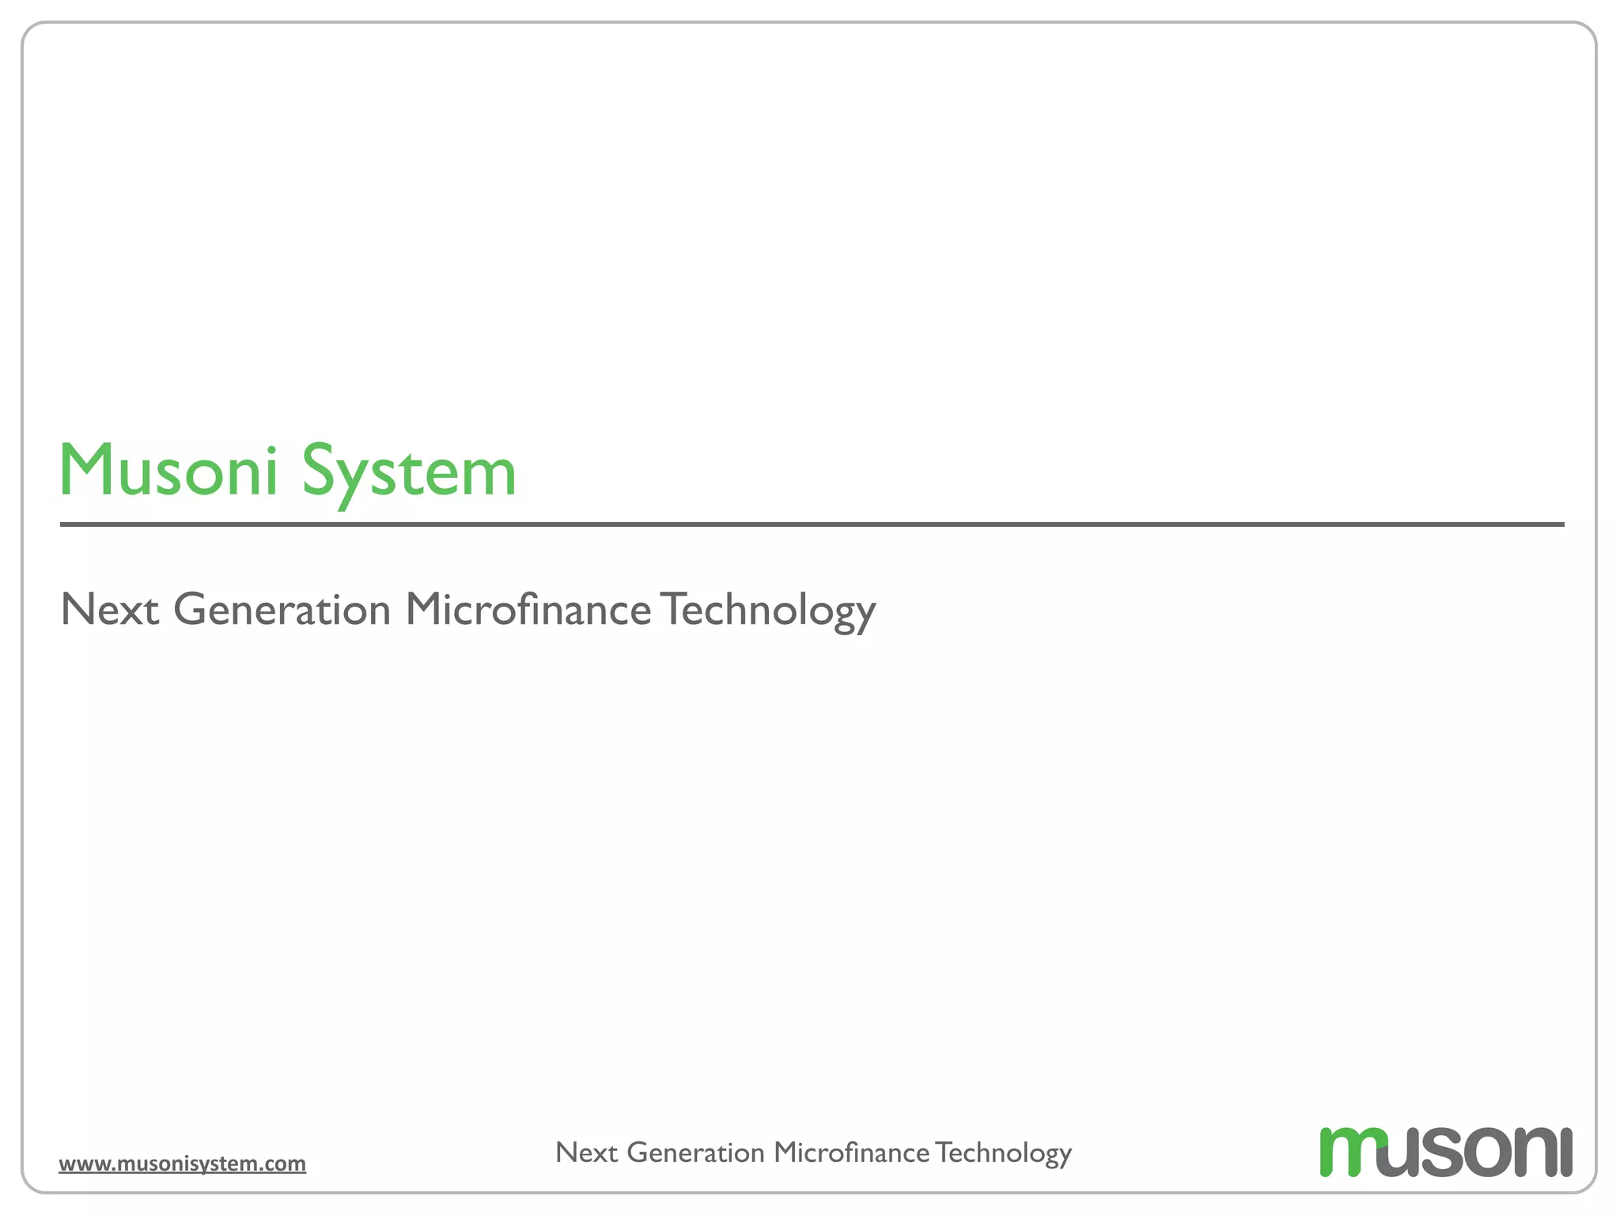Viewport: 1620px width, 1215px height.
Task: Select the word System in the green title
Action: (409, 472)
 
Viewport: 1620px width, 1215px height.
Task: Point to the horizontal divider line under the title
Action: (812, 524)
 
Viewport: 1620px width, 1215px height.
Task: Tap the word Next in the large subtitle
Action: (110, 610)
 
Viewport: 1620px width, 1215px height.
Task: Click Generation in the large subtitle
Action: (282, 610)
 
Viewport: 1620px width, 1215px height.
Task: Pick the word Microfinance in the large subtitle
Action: (528, 610)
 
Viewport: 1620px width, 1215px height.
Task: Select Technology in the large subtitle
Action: (768, 610)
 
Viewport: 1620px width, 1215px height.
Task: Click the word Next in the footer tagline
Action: (586, 1153)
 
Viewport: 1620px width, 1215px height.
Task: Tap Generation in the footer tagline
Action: (696, 1153)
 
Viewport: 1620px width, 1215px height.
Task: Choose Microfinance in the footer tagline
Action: (852, 1153)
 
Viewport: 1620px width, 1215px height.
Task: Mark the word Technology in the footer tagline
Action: (1003, 1153)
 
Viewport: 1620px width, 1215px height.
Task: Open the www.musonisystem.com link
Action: (182, 1164)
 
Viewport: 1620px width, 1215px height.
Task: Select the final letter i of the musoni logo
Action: (1565, 1153)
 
